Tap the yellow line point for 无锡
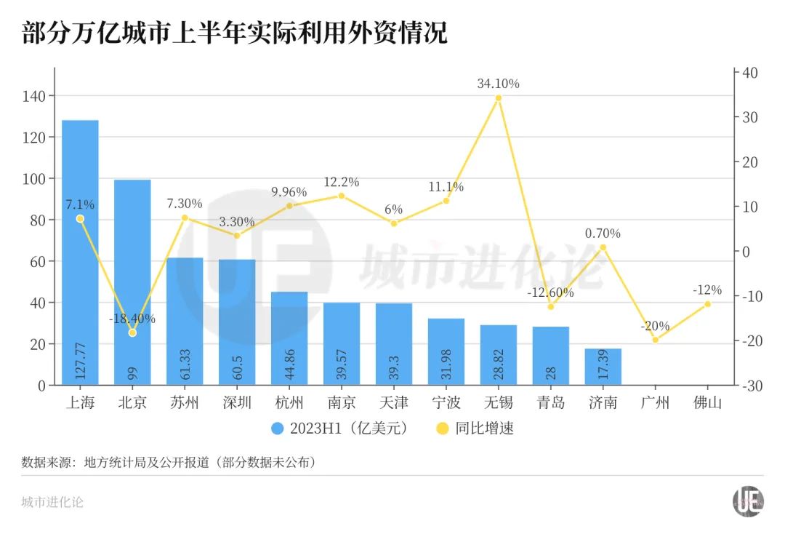499,97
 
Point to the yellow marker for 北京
132,332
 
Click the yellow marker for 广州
656,340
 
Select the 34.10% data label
499,84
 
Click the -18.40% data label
132,319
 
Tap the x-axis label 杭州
289,402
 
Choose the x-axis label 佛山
708,402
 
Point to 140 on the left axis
36,96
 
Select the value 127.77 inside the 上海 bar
80,360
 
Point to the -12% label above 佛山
708,290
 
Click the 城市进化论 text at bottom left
52,502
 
